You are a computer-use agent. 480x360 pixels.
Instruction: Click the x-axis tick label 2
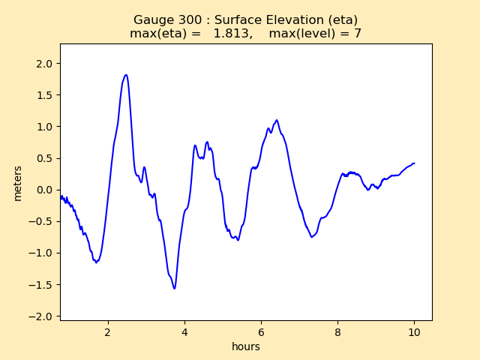point(108,331)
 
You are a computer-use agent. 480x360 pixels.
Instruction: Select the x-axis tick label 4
point(184,331)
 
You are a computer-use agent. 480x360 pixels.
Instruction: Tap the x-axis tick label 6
point(261,331)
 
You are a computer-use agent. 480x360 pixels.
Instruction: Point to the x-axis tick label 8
point(337,331)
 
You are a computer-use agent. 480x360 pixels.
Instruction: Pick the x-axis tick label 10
point(414,331)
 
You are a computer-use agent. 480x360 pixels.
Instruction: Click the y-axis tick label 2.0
point(43,64)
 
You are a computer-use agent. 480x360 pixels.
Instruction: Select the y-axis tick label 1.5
point(43,95)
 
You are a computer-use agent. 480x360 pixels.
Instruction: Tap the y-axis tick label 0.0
point(43,190)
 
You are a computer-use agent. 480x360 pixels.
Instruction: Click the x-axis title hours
point(246,346)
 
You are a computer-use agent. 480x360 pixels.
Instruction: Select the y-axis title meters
point(18,183)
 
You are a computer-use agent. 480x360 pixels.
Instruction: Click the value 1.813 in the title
point(233,34)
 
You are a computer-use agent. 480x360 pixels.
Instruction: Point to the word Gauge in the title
point(151,20)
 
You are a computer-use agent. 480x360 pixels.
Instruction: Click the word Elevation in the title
point(287,20)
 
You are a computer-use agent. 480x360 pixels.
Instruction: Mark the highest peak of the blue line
point(126,75)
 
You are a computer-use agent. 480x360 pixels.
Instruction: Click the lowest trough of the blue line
point(175,288)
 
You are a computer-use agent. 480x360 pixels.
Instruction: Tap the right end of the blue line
point(414,163)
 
